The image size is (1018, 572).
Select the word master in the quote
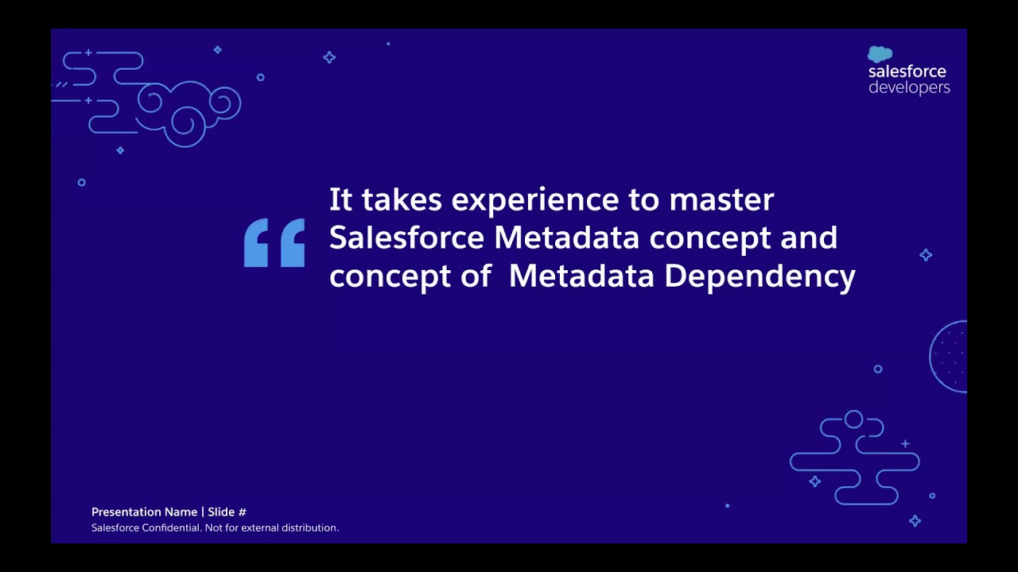[x=721, y=199]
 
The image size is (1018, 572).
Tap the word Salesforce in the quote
[x=406, y=238]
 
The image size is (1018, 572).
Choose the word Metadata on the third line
[x=581, y=276]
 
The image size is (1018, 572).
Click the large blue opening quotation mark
[x=274, y=243]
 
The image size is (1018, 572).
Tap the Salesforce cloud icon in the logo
[x=880, y=54]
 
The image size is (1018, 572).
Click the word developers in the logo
[x=909, y=87]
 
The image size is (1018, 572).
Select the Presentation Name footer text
[x=144, y=512]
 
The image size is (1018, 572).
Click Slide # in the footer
[x=227, y=512]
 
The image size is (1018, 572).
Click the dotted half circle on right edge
[x=950, y=356]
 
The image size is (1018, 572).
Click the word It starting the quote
[x=340, y=199]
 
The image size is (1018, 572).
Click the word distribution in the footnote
[x=309, y=528]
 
